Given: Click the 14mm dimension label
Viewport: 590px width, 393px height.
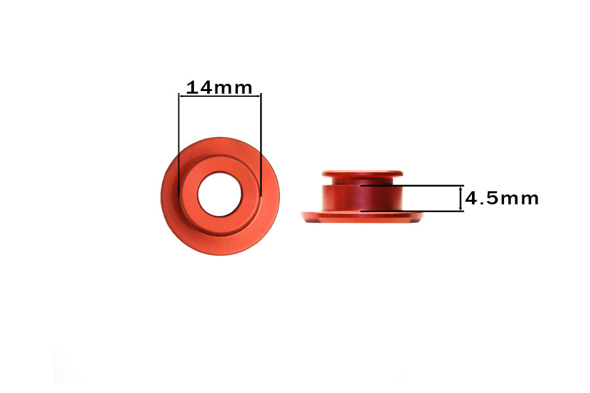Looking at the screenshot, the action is [x=219, y=87].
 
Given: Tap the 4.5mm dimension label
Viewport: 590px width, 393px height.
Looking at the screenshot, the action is [x=502, y=198].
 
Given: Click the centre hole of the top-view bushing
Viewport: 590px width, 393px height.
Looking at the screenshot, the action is [x=220, y=194].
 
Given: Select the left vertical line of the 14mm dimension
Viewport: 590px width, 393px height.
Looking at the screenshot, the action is [x=179, y=144].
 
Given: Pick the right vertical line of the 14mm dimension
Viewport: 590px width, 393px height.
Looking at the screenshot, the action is [x=261, y=144].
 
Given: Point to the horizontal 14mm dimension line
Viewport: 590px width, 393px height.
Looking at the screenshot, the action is [x=220, y=96].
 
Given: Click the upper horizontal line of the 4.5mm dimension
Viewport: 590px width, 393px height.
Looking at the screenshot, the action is [x=412, y=186].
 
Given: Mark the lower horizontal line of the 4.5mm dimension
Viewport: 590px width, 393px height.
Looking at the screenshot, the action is [x=412, y=211].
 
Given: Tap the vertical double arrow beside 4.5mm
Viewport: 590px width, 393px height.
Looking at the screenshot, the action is [x=461, y=198].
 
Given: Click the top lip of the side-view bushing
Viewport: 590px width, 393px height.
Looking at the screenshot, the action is [x=363, y=174].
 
